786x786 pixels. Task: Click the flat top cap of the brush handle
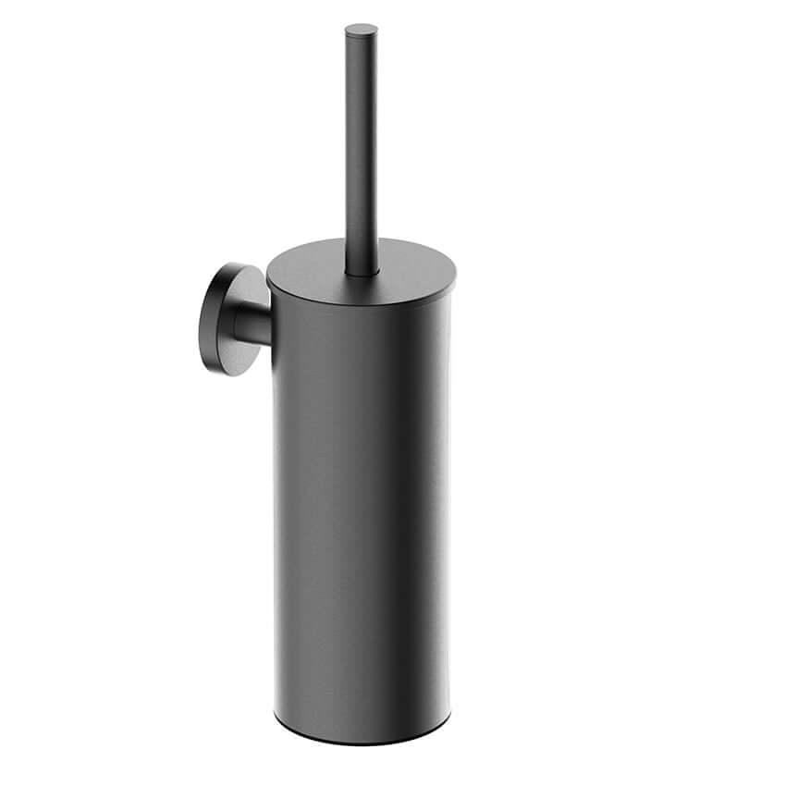coord(361,29)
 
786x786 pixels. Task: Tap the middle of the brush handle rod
coord(362,148)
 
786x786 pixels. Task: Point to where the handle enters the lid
coord(362,272)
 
